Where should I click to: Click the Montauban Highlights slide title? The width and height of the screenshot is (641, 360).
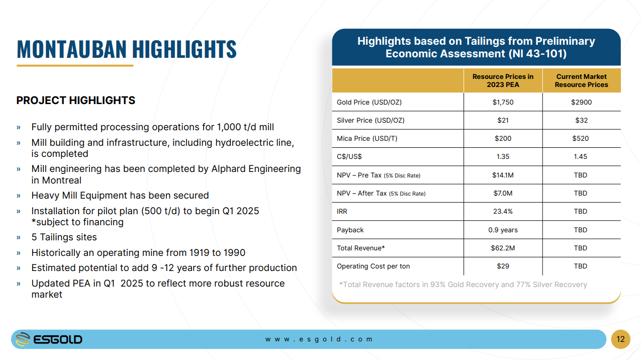pyautogui.click(x=127, y=49)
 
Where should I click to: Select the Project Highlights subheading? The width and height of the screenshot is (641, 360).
pyautogui.click(x=75, y=101)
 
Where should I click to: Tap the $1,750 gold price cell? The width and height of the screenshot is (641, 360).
pyautogui.click(x=503, y=102)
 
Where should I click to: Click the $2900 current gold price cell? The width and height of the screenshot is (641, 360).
pyautogui.click(x=581, y=102)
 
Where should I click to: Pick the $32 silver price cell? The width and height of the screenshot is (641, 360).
pyautogui.click(x=581, y=120)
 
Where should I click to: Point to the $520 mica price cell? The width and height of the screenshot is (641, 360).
pyautogui.click(x=580, y=138)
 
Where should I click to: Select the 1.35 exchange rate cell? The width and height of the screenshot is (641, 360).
pyautogui.click(x=503, y=156)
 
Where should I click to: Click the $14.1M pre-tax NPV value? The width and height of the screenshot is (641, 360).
pyautogui.click(x=503, y=175)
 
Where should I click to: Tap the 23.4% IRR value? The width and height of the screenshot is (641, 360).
pyautogui.click(x=503, y=211)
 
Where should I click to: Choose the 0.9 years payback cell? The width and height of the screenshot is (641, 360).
pyautogui.click(x=503, y=230)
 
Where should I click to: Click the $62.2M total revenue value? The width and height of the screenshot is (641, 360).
pyautogui.click(x=503, y=248)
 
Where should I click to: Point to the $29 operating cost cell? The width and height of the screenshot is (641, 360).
pyautogui.click(x=503, y=266)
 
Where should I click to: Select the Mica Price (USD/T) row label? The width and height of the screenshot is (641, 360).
pyautogui.click(x=367, y=138)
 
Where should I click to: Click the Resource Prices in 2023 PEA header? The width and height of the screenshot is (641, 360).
pyautogui.click(x=503, y=81)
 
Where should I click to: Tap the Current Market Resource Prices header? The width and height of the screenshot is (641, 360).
pyautogui.click(x=581, y=81)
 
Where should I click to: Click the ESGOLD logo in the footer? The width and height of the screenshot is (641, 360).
pyautogui.click(x=49, y=339)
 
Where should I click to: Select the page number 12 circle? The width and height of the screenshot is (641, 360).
pyautogui.click(x=620, y=339)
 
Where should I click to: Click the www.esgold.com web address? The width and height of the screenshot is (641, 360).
pyautogui.click(x=319, y=339)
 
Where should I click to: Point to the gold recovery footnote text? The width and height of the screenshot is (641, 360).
pyautogui.click(x=463, y=285)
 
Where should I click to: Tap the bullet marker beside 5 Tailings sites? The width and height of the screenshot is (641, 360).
pyautogui.click(x=19, y=237)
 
